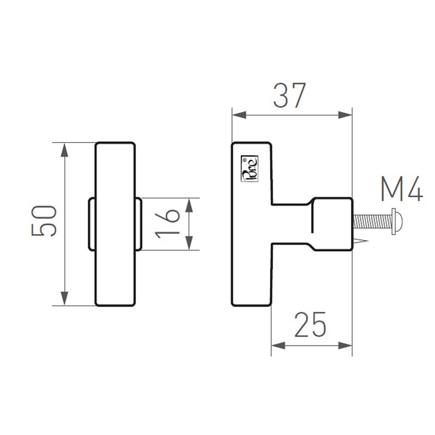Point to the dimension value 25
point(310,325)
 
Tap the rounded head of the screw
point(397,222)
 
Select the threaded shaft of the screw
point(372,222)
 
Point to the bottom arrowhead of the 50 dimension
point(65,298)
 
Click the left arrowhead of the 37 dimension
point(239,115)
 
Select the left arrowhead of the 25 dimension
point(277,345)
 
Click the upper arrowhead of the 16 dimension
point(189,204)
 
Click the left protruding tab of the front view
point(91,223)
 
